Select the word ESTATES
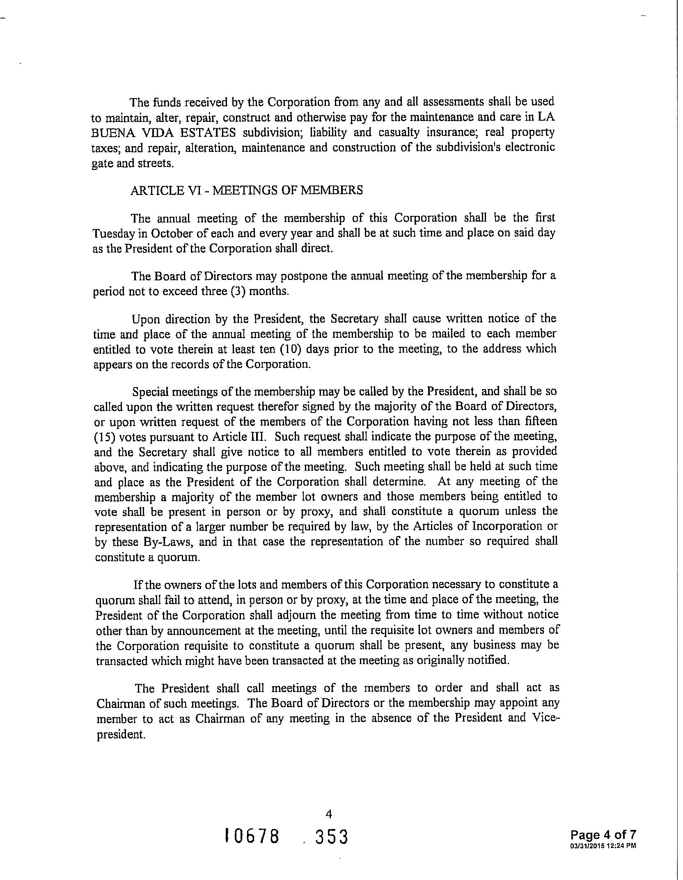click(209, 133)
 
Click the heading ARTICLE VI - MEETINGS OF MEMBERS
click(246, 190)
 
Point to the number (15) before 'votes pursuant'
click(102, 437)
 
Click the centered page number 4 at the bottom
click(328, 814)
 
